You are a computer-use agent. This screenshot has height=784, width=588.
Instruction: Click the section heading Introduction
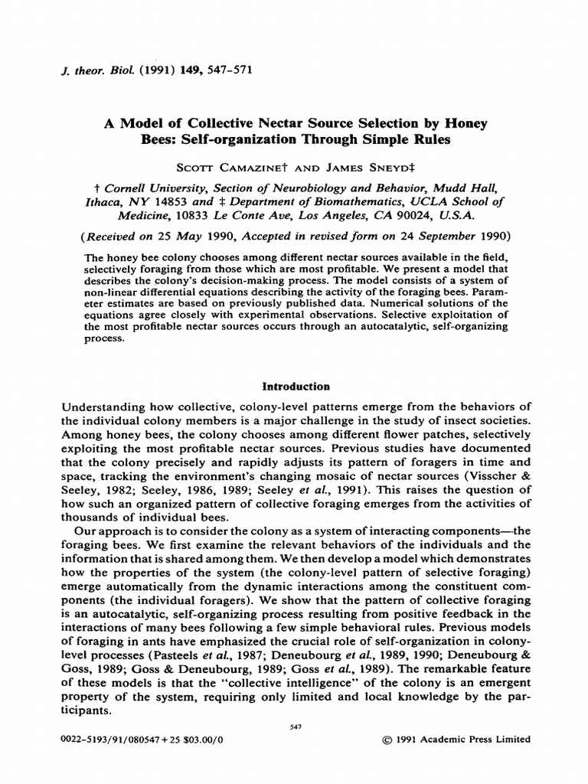coord(296,387)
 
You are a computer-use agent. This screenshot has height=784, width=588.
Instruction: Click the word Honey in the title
coord(462,122)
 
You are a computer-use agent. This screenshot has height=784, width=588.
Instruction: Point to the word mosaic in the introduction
coord(345,475)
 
